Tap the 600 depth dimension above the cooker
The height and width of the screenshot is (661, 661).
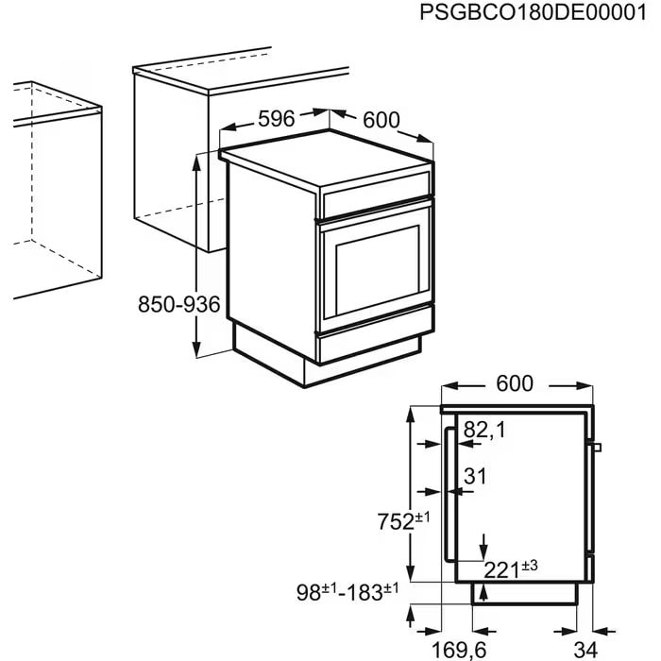pyautogui.click(x=381, y=120)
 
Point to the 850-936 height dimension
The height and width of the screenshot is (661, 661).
pyautogui.click(x=178, y=305)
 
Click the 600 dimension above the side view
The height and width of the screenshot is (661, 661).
pyautogui.click(x=515, y=383)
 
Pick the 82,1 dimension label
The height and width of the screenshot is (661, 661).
pyautogui.click(x=484, y=431)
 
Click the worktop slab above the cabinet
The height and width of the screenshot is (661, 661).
pyautogui.click(x=236, y=77)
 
